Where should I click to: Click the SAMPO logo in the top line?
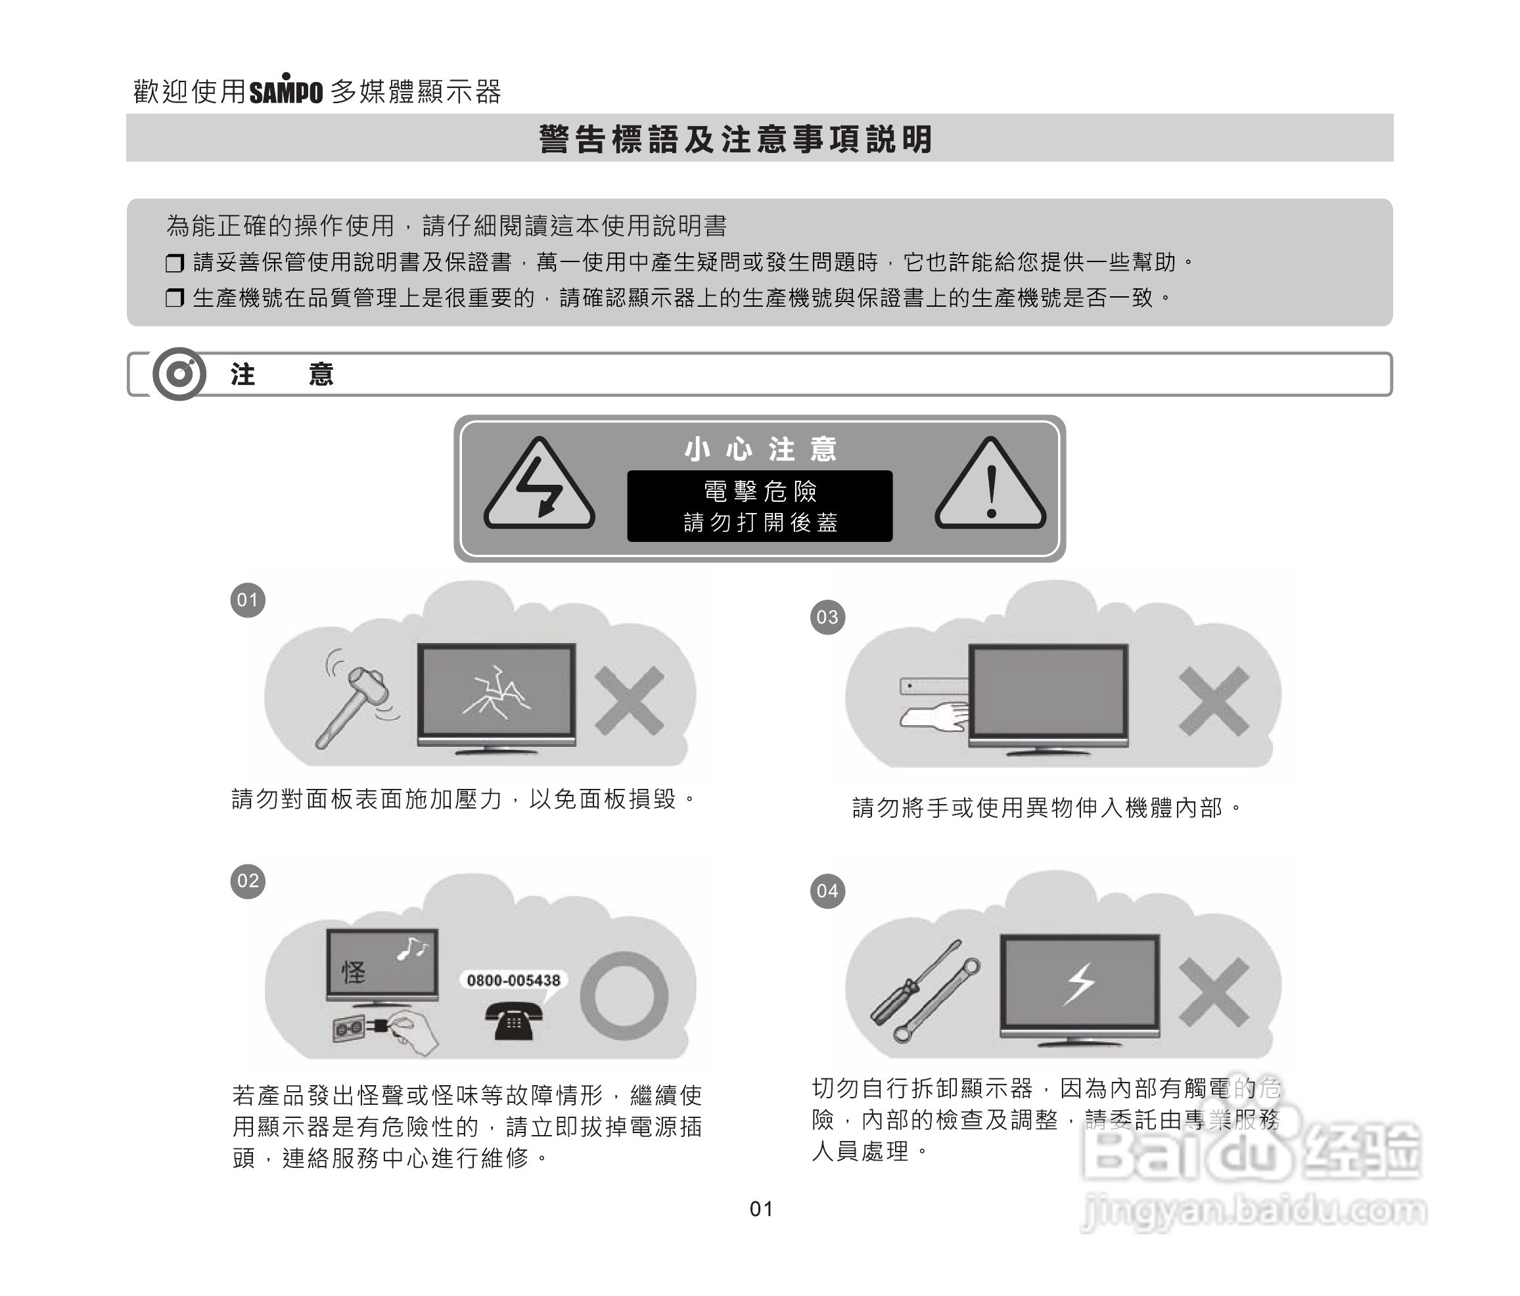coord(285,91)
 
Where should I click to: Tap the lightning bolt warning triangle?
coord(539,486)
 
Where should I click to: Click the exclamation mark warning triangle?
coord(990,486)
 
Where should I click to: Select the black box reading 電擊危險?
coord(759,506)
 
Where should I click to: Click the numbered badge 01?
coord(248,600)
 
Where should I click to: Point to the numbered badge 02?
coord(248,881)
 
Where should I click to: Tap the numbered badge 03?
coord(827,617)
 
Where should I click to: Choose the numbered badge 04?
coord(827,891)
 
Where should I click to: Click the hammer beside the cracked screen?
coord(356,704)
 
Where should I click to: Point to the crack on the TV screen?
coord(497,694)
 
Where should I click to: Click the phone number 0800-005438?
coord(513,981)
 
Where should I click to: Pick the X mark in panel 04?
coord(1213,992)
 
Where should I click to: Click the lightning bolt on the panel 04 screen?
coord(1080,983)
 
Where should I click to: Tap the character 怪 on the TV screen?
coord(354,973)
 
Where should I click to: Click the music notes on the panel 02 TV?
coord(412,949)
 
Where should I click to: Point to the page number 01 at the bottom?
coord(762,1209)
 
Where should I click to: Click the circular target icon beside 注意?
coord(179,374)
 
